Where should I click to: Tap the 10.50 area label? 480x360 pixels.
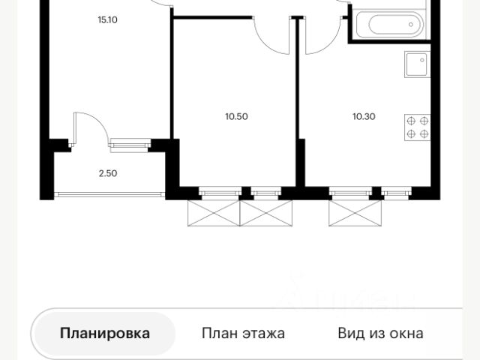236,116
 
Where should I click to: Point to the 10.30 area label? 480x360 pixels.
364,116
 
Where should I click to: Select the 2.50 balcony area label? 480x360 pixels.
107,172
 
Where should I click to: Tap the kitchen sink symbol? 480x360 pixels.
415,66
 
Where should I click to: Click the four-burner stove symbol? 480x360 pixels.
417,127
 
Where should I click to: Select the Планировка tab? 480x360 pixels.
105,333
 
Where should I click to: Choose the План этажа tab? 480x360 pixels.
243,333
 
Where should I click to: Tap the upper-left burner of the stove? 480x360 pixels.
411,121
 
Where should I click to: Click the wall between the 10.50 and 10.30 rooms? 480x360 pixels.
298,105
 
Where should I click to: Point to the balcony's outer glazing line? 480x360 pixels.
109,193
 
